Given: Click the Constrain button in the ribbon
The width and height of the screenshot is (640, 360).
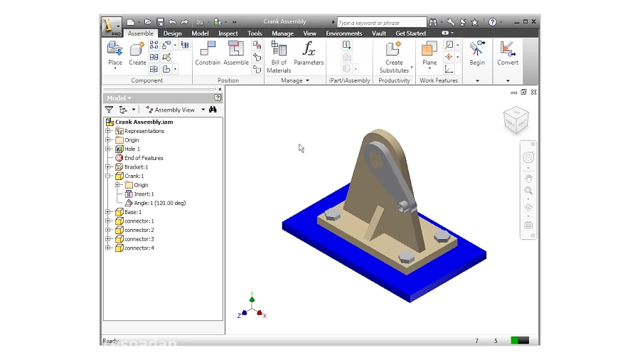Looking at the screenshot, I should tap(208, 53).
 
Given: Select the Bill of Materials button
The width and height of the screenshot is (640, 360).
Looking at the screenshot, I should tap(279, 56).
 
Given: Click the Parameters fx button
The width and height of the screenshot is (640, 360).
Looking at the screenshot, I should tap(309, 53).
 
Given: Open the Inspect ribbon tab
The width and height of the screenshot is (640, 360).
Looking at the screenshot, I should tap(228, 33).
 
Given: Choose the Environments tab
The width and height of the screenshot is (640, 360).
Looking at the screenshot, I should tap(344, 33).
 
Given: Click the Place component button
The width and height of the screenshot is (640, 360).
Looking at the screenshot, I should tap(115, 53).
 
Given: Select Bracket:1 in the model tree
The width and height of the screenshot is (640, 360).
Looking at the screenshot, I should tap(136, 167).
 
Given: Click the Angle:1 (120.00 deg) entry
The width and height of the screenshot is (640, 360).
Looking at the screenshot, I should tap(159, 203).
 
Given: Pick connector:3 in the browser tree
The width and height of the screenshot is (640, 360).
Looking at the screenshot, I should tap(139, 239).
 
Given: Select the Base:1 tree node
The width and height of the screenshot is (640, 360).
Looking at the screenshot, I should tap(132, 212).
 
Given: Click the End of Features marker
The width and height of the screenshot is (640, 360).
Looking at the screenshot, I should tap(143, 158).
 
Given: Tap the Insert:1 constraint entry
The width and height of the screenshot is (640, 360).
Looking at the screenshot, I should tap(143, 194).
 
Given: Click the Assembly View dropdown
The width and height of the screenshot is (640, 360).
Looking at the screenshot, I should tap(175, 110).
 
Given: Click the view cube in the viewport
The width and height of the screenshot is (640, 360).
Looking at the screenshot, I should tap(516, 120).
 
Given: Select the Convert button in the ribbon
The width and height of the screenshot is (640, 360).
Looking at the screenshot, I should tap(508, 53).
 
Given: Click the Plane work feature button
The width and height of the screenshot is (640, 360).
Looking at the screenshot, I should tap(430, 53).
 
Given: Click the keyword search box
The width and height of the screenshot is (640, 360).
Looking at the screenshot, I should tap(381, 23).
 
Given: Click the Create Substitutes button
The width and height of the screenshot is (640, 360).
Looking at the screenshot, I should tap(394, 56).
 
